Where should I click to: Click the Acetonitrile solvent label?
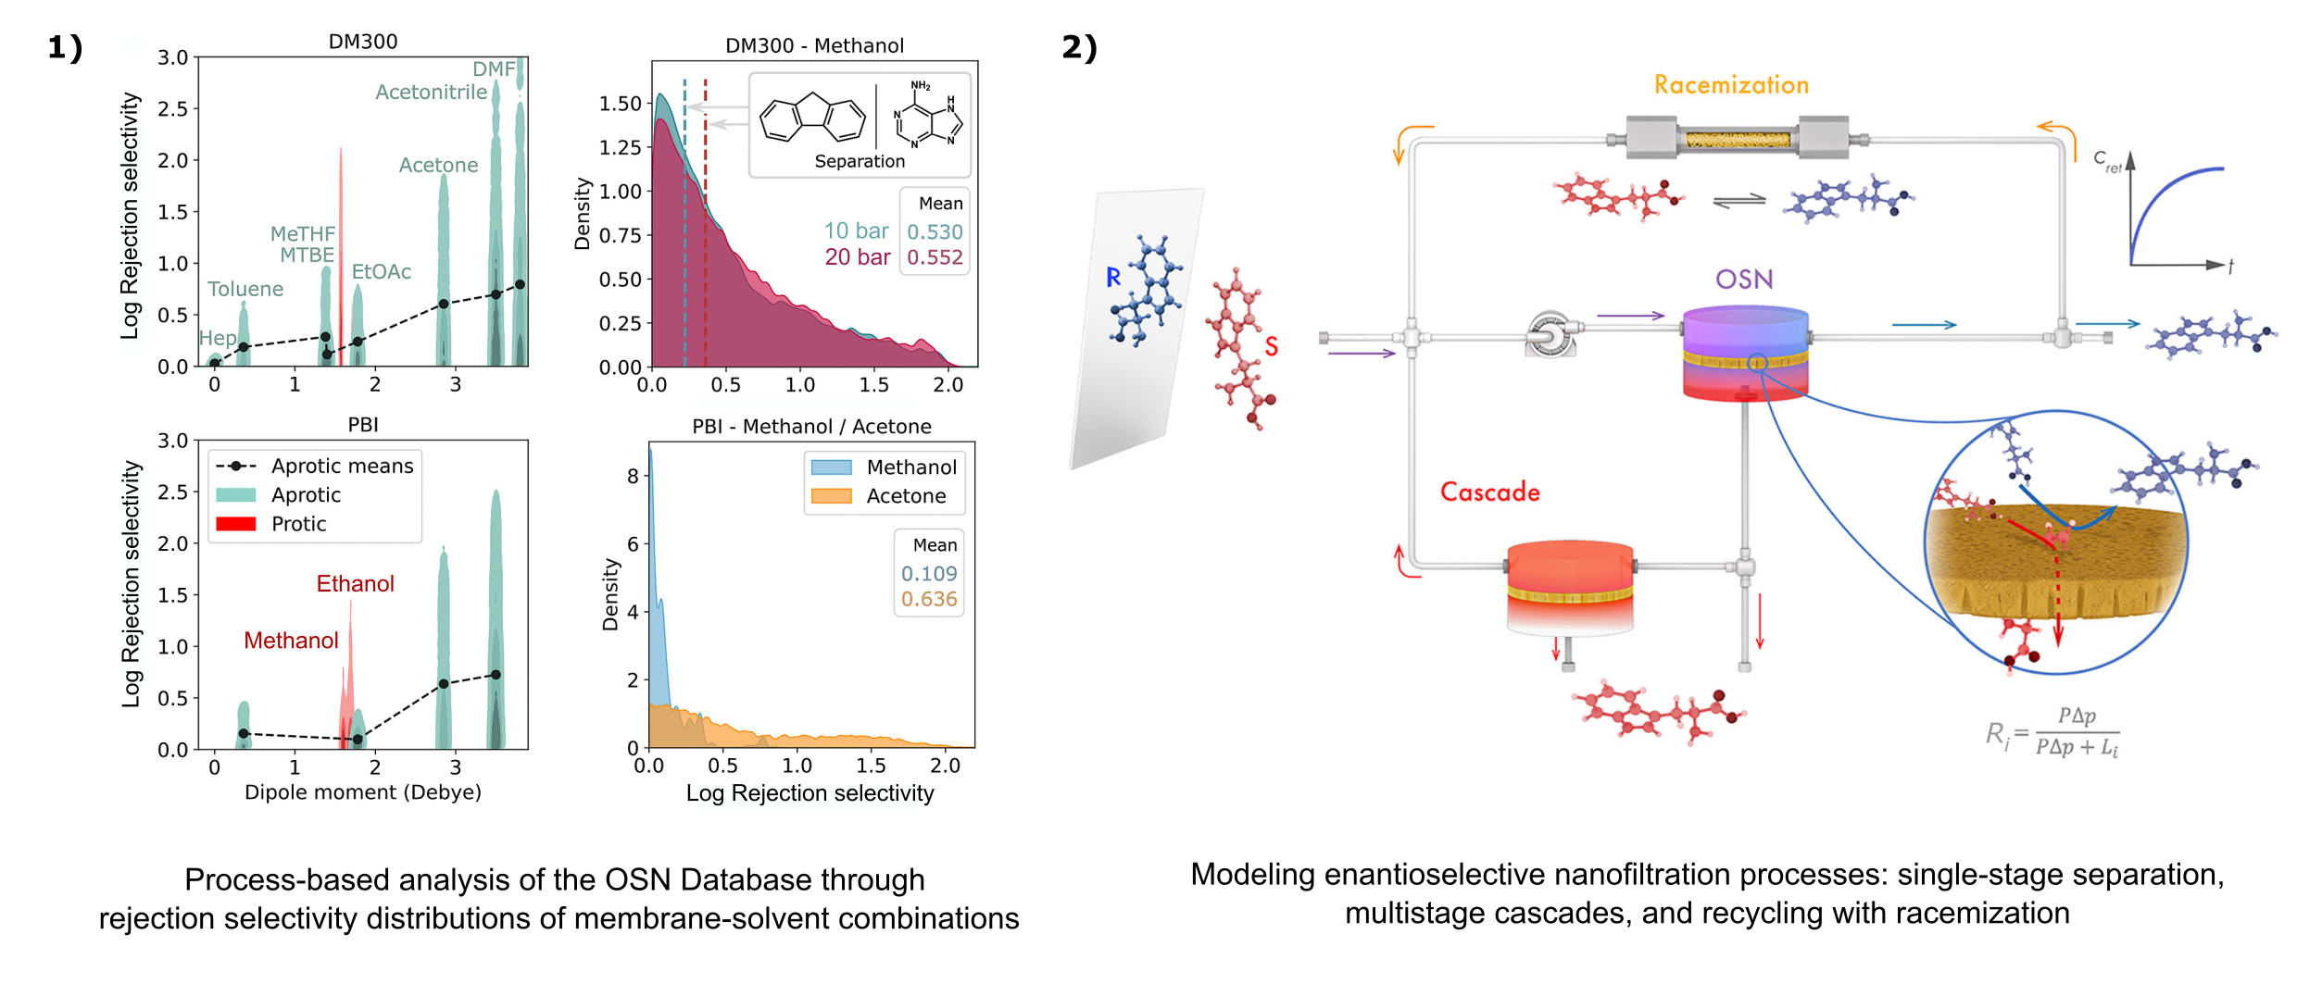pyautogui.click(x=431, y=92)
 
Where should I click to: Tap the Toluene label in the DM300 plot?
pyautogui.click(x=245, y=289)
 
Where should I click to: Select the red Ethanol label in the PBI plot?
pyautogui.click(x=355, y=583)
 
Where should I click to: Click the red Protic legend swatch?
pyautogui.click(x=236, y=524)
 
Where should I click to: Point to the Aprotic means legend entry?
pyautogui.click(x=315, y=466)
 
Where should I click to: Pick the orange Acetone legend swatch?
pyautogui.click(x=831, y=496)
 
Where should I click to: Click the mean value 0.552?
pyautogui.click(x=935, y=257)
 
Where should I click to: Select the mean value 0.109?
pyautogui.click(x=929, y=574)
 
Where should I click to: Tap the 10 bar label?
pyautogui.click(x=856, y=230)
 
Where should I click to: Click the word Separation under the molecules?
pyautogui.click(x=860, y=161)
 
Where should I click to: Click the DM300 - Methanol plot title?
pyautogui.click(x=814, y=45)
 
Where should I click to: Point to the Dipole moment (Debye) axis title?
pyautogui.click(x=363, y=792)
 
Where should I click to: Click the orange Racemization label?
pyautogui.click(x=1731, y=85)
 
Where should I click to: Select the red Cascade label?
pyautogui.click(x=1489, y=492)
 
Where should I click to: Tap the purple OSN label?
pyautogui.click(x=1743, y=279)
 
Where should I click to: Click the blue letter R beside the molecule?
pyautogui.click(x=1113, y=277)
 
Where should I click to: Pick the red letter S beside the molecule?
pyautogui.click(x=1272, y=346)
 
